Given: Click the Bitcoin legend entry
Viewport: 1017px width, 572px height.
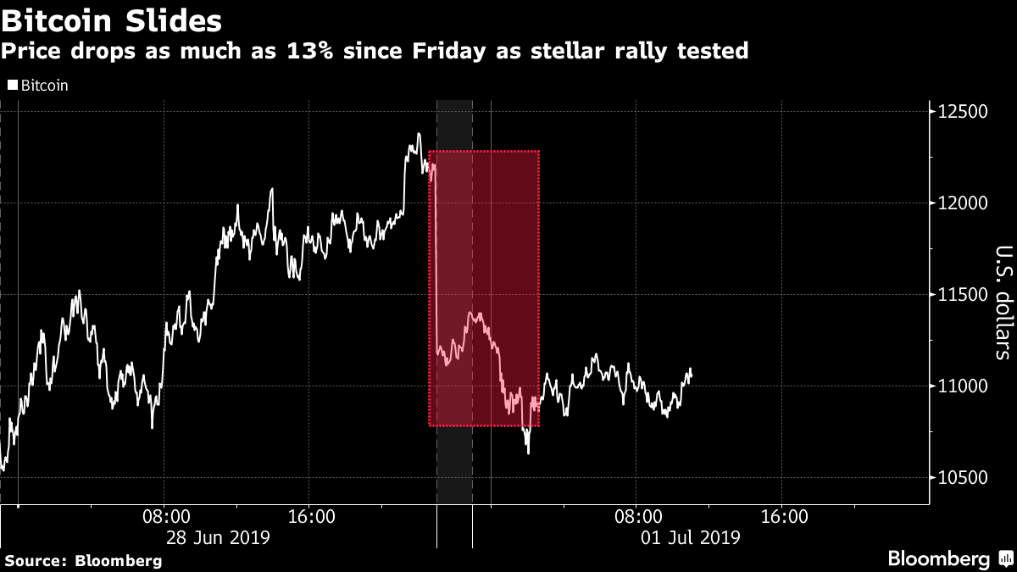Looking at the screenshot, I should [39, 86].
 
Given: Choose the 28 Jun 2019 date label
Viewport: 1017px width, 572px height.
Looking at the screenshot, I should [219, 537].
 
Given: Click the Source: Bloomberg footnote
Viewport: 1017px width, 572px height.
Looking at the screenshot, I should [83, 560].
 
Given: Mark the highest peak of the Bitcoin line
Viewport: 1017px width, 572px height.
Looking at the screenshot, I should [419, 134].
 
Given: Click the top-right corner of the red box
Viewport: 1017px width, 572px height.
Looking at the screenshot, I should [539, 152].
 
